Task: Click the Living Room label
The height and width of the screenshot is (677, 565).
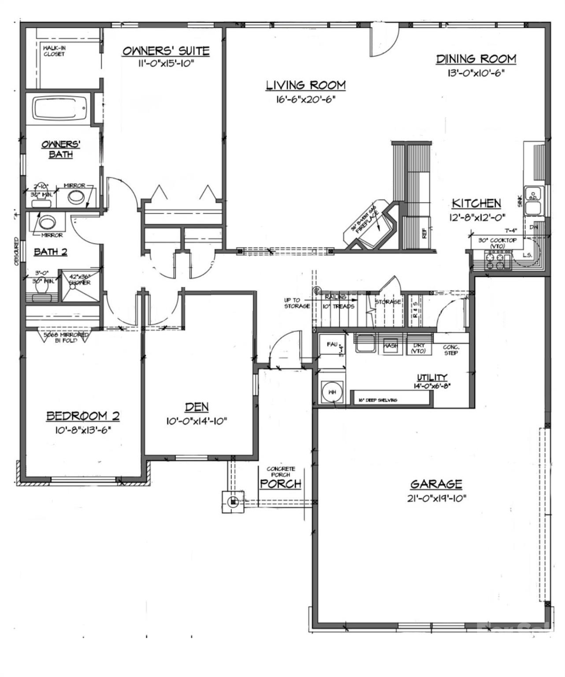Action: (x=305, y=85)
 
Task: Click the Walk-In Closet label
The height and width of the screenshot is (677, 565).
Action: (x=54, y=51)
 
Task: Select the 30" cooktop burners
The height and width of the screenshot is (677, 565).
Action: (x=497, y=260)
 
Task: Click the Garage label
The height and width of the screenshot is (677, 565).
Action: (x=436, y=484)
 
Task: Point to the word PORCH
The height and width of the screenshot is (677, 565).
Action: (x=280, y=484)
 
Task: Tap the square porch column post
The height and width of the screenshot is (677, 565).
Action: (x=233, y=501)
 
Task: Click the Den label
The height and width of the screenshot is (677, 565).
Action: (x=196, y=407)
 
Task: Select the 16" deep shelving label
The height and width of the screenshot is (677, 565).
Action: (x=378, y=400)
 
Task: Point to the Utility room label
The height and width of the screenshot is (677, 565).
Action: (x=432, y=377)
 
